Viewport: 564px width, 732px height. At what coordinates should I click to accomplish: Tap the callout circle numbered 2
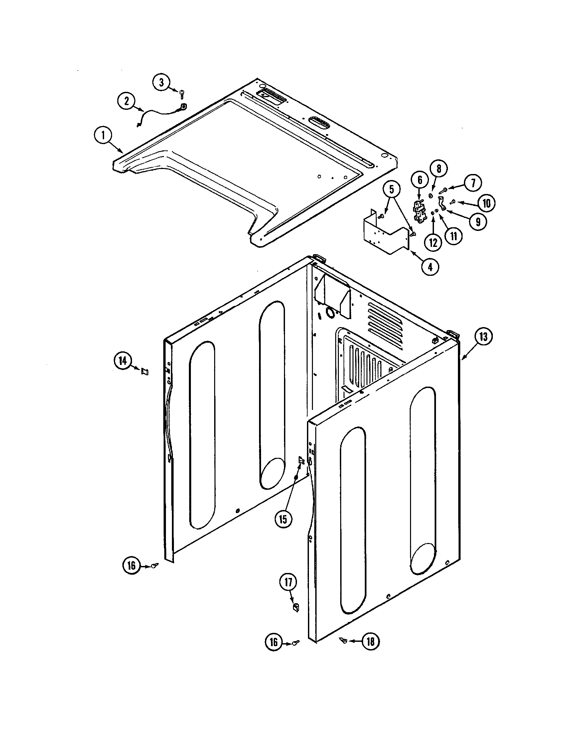(127, 101)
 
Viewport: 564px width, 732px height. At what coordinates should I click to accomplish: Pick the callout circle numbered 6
(420, 180)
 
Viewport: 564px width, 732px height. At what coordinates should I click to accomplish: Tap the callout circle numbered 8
(439, 169)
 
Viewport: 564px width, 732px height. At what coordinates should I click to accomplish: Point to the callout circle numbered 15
(283, 519)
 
